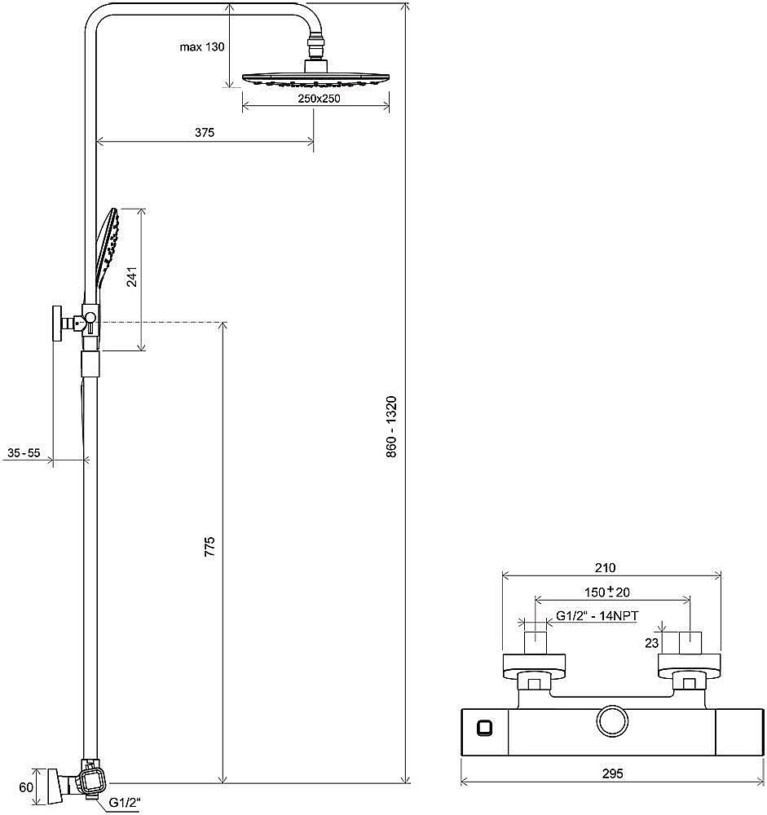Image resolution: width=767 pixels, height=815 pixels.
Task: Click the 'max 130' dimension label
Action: (202, 46)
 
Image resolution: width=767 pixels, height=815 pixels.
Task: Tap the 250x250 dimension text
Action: (319, 99)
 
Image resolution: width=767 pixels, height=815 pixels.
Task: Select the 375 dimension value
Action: (205, 133)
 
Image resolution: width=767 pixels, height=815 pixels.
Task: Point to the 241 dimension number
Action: (132, 276)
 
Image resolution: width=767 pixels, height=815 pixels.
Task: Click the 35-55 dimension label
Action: (24, 452)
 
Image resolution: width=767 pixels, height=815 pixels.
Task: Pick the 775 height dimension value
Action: (209, 548)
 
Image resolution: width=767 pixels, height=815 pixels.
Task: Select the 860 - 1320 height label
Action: (391, 427)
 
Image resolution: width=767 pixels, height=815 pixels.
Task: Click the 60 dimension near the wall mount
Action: (26, 787)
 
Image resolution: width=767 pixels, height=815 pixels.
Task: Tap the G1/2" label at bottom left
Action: (125, 803)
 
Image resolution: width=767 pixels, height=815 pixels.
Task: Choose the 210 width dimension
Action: (606, 568)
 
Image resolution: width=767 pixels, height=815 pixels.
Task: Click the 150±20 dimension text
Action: (607, 592)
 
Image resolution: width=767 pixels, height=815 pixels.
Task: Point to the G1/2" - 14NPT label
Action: (597, 616)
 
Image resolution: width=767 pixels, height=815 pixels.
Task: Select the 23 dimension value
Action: (651, 643)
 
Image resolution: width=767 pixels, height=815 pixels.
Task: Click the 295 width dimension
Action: (613, 773)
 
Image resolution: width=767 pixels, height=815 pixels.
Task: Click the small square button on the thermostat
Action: (485, 728)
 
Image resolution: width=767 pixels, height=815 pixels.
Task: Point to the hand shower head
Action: (108, 248)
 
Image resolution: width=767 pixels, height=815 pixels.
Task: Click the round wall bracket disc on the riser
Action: (57, 324)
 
